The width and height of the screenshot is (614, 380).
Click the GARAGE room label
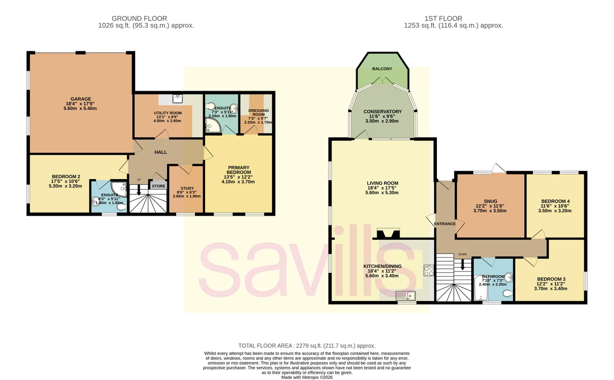81,99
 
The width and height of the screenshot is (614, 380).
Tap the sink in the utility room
178,99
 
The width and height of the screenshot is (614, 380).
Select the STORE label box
159,186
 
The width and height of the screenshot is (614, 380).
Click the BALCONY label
382,69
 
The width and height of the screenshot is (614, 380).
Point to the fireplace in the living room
388,234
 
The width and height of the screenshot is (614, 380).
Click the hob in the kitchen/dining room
429,270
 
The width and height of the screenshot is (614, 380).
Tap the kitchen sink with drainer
406,295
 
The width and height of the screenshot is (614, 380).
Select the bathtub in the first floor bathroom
481,288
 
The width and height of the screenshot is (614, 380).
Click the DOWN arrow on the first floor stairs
463,264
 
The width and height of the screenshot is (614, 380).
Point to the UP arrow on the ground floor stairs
139,189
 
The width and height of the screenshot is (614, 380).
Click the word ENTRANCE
445,224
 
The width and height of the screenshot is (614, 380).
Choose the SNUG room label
490,201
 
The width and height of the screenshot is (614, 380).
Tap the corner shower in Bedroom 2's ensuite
120,189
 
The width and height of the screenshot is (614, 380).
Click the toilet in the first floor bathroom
508,294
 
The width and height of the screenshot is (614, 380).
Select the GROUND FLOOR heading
139,18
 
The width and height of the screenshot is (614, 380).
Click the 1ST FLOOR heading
443,18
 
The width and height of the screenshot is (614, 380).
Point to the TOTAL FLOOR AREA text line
306,346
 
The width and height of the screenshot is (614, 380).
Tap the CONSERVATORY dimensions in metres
382,121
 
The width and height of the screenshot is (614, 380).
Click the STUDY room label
187,188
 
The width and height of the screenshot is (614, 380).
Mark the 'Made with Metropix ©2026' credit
306,377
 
